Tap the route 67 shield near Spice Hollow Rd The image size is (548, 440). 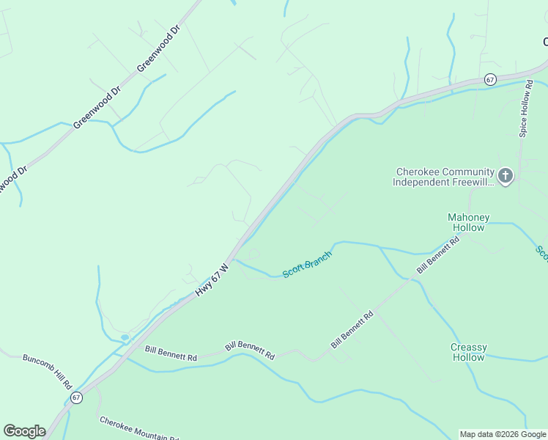[490, 78]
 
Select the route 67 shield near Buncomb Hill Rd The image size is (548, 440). [76, 397]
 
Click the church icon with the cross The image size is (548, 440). [505, 176]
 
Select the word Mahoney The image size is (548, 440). [468, 217]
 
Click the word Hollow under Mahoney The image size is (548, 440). [468, 227]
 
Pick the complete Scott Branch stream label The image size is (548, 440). [308, 263]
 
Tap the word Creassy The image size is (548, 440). [468, 347]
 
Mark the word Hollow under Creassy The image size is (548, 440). [468, 357]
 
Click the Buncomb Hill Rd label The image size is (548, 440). [48, 371]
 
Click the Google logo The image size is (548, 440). [24, 431]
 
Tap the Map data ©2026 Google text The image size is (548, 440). [503, 434]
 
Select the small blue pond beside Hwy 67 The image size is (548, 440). [125, 337]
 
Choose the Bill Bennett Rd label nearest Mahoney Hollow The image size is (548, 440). [437, 254]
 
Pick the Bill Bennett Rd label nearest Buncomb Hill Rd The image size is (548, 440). [171, 353]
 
